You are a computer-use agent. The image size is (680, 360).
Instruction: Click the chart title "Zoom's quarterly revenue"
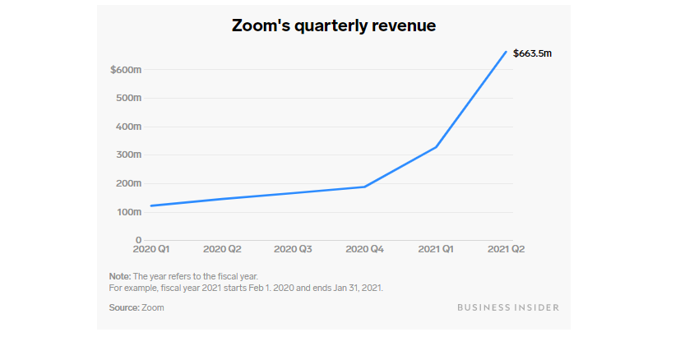point(333,26)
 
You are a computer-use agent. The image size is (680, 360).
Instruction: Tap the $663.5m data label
point(532,53)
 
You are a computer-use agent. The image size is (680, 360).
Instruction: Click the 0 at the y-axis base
point(138,240)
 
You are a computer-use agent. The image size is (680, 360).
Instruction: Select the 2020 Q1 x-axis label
point(150,249)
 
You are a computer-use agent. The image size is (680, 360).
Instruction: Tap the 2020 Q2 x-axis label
point(222,249)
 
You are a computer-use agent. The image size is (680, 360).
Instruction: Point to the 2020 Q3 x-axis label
point(294,249)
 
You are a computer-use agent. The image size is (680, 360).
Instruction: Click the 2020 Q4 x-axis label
point(364,249)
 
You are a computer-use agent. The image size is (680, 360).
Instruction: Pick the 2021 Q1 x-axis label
point(436,249)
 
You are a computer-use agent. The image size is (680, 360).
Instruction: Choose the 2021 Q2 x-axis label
point(507,249)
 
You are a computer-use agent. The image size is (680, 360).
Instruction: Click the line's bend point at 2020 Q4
point(364,187)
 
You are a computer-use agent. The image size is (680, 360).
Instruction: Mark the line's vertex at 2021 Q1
point(436,147)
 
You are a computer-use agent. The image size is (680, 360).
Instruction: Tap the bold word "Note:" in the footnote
point(120,277)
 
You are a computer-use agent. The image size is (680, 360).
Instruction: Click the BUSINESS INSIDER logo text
point(507,307)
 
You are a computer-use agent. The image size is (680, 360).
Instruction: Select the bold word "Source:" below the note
point(124,307)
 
